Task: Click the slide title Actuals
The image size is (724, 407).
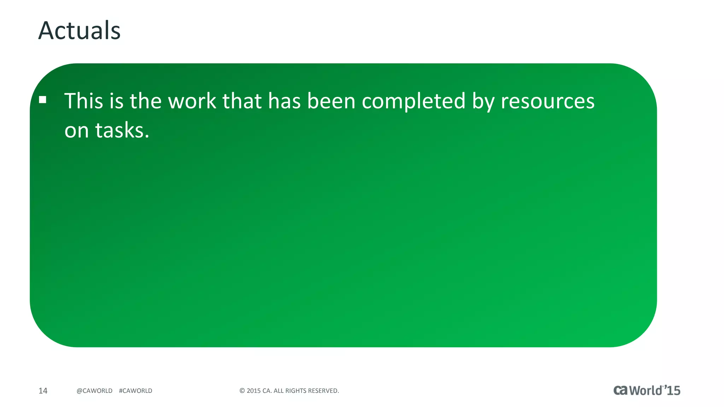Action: pyautogui.click(x=79, y=30)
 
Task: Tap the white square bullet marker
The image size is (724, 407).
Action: pyautogui.click(x=43, y=100)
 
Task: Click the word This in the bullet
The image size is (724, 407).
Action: pyautogui.click(x=83, y=101)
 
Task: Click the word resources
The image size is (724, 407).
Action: pyautogui.click(x=548, y=102)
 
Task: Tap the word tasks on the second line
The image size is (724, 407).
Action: pyautogui.click(x=122, y=130)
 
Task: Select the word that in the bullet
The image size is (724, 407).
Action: pyautogui.click(x=242, y=101)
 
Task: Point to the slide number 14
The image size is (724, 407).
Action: pyautogui.click(x=43, y=391)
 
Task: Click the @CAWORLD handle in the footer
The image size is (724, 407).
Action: pyautogui.click(x=94, y=391)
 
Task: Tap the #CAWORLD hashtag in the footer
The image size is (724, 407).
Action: pyautogui.click(x=136, y=391)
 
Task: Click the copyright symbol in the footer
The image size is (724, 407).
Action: pyautogui.click(x=242, y=391)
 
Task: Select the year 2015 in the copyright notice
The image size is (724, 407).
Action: pyautogui.click(x=253, y=391)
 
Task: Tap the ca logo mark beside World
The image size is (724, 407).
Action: pyautogui.click(x=620, y=390)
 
